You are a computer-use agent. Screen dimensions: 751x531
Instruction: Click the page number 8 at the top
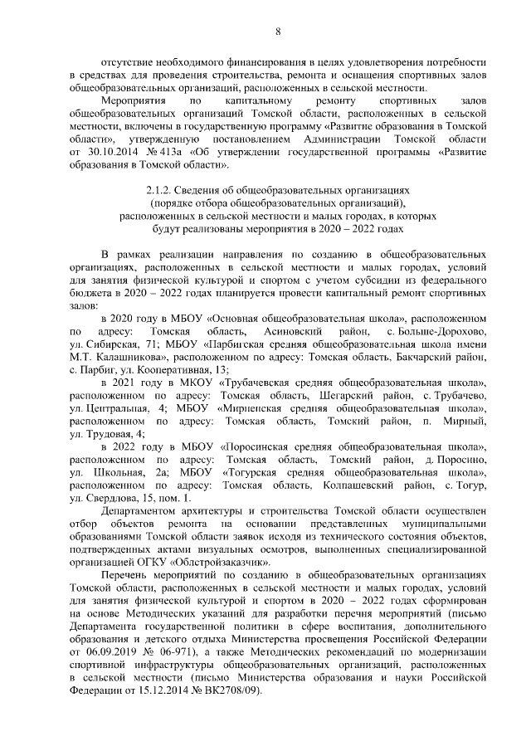pos(279,31)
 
